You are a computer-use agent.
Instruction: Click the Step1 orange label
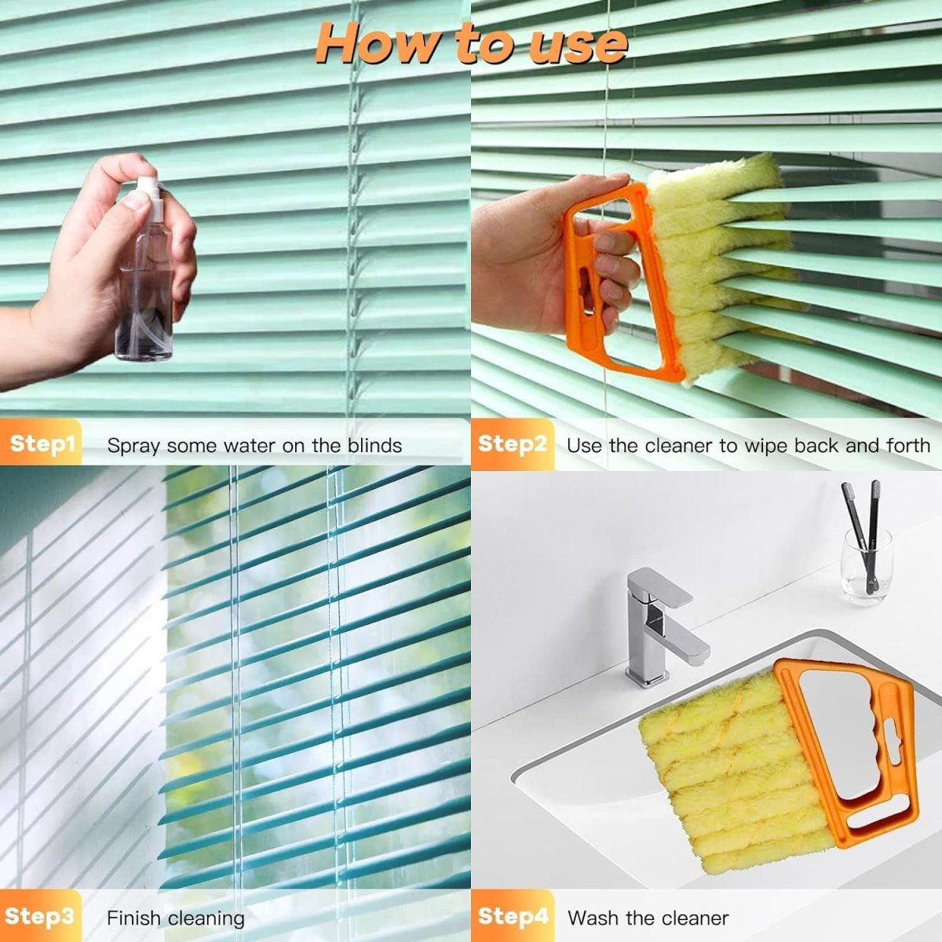pos(42,444)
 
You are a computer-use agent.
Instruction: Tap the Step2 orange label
pos(512,444)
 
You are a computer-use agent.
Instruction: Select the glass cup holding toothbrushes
pos(866,565)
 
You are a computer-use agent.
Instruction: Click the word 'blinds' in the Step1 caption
pos(374,446)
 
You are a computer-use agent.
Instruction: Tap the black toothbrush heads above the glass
pos(862,498)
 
